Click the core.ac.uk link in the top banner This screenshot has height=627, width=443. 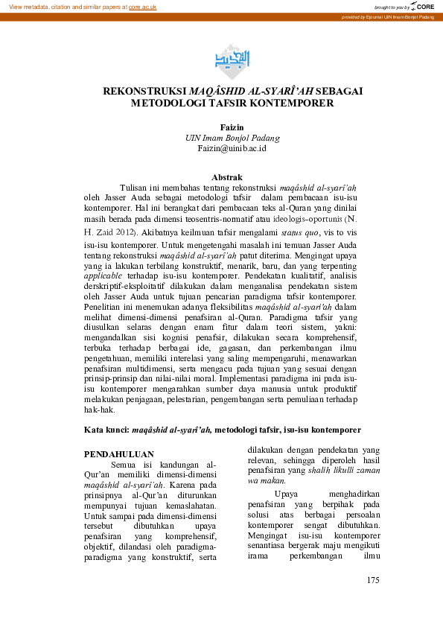(142, 6)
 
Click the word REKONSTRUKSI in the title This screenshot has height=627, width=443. (140, 91)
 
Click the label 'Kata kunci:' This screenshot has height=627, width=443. (107, 430)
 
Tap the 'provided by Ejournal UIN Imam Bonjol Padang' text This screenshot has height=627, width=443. (387, 16)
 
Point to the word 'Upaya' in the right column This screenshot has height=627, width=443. (287, 494)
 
